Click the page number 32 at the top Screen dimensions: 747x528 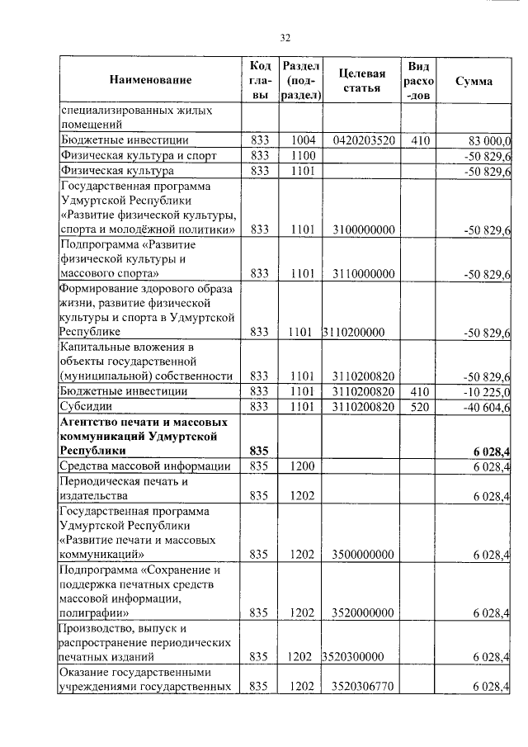pyautogui.click(x=285, y=37)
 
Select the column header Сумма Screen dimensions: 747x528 pyautogui.click(x=474, y=81)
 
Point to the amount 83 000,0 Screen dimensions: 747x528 pyautogui.click(x=488, y=140)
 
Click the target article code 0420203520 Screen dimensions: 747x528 pyautogui.click(x=364, y=140)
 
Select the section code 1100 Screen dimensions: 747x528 pyautogui.click(x=303, y=156)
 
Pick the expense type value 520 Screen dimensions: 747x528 pyautogui.click(x=420, y=407)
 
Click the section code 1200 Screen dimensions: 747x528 pyautogui.click(x=303, y=467)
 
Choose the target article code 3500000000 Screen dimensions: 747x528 pyautogui.click(x=364, y=554)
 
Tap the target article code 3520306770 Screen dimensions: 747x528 pyautogui.click(x=364, y=686)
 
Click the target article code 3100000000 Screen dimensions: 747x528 pyautogui.click(x=364, y=229)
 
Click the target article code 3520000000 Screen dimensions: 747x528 pyautogui.click(x=364, y=612)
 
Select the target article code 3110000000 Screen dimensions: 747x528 pyautogui.click(x=364, y=273)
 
